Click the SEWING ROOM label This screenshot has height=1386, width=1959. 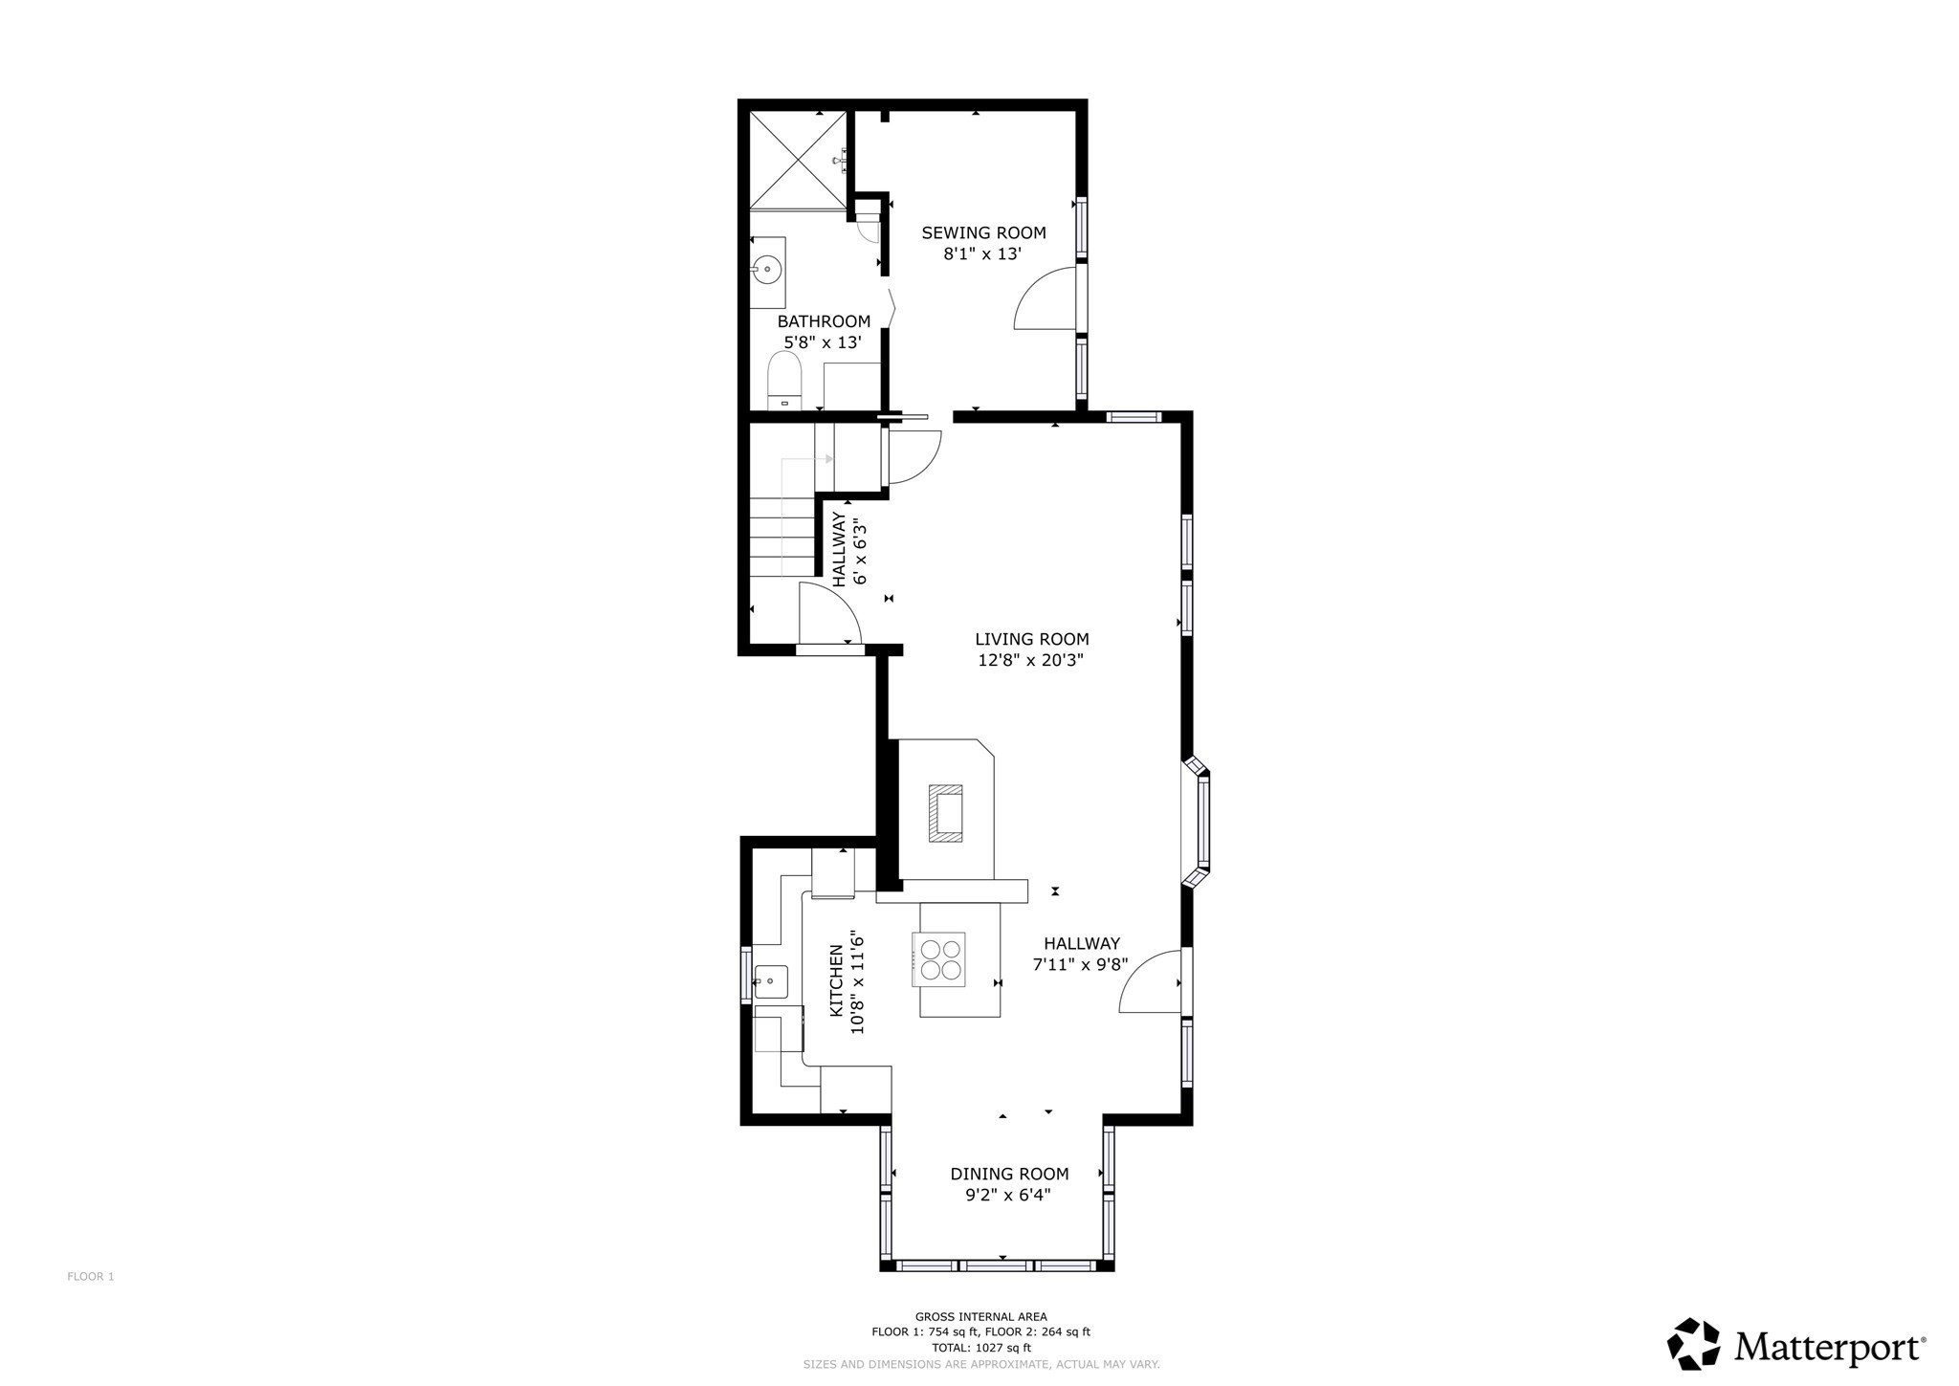(x=983, y=232)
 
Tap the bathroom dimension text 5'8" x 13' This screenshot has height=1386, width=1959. (x=823, y=342)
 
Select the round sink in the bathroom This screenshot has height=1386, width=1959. (x=767, y=270)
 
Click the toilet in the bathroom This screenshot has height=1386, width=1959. (x=784, y=381)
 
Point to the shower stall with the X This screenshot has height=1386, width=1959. (x=798, y=159)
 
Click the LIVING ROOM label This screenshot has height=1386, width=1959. (x=1031, y=639)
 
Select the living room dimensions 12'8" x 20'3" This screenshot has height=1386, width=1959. (x=1030, y=660)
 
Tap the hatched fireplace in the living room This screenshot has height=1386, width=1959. (x=945, y=813)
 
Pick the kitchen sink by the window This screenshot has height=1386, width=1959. (x=771, y=981)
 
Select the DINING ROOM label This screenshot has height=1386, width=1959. (x=1009, y=1174)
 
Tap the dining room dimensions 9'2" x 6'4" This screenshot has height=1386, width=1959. (x=1001, y=1195)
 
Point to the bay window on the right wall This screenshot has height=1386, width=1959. (x=1199, y=820)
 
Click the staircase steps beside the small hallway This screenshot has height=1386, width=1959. (x=781, y=545)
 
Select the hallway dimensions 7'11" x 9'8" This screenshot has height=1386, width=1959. (x=1080, y=965)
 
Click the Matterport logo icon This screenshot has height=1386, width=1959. (x=1694, y=1344)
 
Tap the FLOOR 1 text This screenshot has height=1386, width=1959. (x=91, y=1276)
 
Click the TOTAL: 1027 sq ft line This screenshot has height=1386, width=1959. (x=980, y=1348)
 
